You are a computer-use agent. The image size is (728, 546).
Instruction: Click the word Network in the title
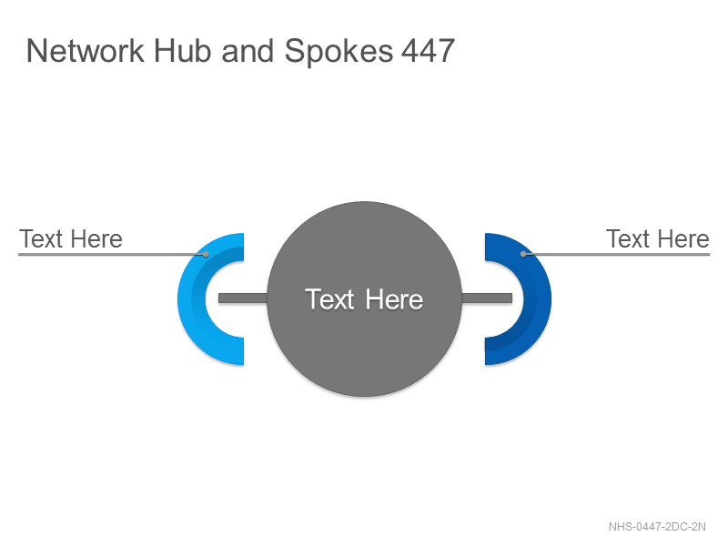point(86,51)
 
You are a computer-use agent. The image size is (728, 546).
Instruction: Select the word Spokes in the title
point(339,52)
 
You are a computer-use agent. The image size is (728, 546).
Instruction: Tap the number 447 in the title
point(428,51)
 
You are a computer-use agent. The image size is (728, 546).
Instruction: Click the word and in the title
point(247,51)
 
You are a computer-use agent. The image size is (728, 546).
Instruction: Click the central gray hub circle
point(365,344)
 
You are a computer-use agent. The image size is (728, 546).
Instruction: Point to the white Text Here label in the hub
point(364,299)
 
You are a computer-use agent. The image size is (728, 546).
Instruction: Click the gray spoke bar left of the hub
point(243,298)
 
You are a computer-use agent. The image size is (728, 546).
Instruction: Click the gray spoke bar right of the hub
point(487,298)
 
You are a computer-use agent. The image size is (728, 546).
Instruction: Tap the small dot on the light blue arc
point(206,254)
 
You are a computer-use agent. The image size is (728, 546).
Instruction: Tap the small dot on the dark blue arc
point(523,254)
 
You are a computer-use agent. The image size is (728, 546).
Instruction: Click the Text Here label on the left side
point(71,239)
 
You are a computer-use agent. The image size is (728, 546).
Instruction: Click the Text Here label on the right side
point(657,239)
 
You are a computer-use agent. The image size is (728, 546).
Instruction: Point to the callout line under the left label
point(112,255)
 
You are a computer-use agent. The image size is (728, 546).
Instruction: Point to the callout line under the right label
point(617,255)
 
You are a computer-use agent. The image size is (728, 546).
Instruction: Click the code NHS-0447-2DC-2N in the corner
point(657,527)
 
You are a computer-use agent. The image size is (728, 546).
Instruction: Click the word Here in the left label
point(96,239)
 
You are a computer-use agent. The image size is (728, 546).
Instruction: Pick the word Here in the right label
point(683,239)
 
